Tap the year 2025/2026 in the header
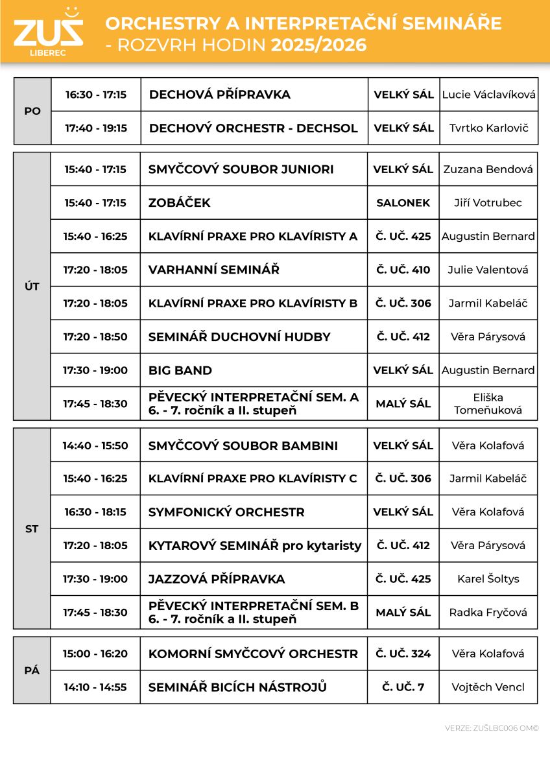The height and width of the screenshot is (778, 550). (x=318, y=45)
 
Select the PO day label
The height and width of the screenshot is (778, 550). (x=32, y=111)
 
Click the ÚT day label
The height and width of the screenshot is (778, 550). (x=32, y=287)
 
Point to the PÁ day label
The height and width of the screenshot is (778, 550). (x=32, y=670)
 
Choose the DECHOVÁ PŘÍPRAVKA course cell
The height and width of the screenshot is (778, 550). (x=220, y=95)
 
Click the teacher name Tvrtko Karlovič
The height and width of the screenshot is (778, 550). (x=488, y=128)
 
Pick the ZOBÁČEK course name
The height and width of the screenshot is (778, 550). (x=180, y=203)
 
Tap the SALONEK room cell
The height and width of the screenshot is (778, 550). (x=403, y=203)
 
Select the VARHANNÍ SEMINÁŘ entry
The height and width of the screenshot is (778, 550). (x=214, y=270)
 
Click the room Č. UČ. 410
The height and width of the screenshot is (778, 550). (x=403, y=270)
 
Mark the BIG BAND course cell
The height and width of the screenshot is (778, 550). (x=180, y=370)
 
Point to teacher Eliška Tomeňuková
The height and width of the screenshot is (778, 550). (x=488, y=403)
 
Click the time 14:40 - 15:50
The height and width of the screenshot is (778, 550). (x=95, y=445)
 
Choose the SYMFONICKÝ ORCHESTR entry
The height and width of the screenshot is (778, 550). (x=226, y=512)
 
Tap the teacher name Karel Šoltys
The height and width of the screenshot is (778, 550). (x=488, y=579)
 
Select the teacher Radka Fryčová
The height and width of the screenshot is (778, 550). (x=488, y=612)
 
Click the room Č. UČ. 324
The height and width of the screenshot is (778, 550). (x=403, y=654)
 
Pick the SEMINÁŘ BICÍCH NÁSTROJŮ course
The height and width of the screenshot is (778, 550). (x=237, y=687)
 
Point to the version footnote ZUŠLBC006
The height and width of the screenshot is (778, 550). (x=492, y=728)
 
